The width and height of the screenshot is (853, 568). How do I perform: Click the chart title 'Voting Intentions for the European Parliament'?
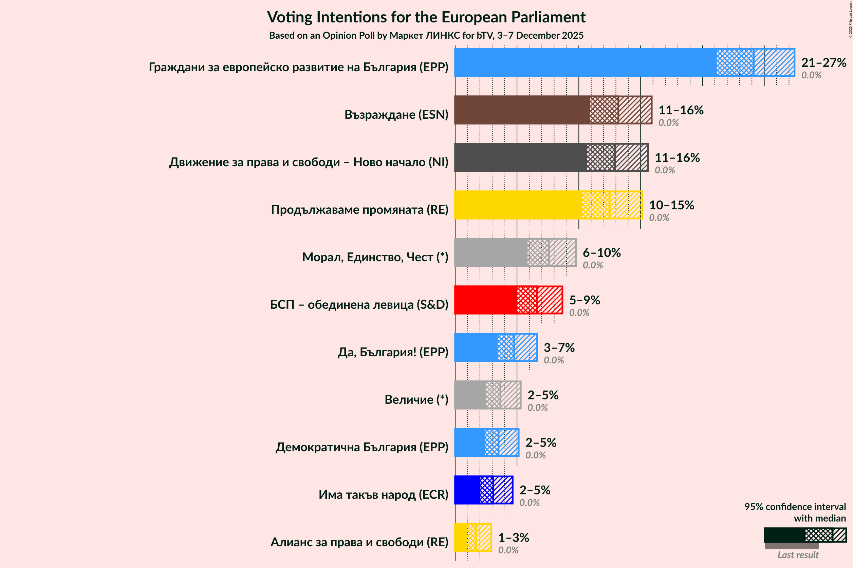(426, 17)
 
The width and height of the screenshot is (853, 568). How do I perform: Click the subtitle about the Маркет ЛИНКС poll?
(426, 36)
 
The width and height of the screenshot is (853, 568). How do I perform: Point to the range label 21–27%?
(823, 63)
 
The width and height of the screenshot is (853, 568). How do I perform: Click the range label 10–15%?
(671, 205)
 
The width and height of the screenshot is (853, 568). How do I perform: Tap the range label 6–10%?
(601, 252)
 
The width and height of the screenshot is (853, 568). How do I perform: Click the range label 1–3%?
(513, 537)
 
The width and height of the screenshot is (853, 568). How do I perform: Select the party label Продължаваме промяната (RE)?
(359, 209)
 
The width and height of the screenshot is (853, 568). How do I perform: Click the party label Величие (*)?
(416, 400)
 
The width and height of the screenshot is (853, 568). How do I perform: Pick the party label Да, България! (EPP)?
(393, 352)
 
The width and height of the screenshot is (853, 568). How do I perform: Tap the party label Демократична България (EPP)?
(361, 447)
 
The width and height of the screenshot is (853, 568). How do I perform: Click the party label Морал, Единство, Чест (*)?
(375, 257)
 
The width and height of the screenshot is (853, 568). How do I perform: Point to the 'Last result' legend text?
(798, 555)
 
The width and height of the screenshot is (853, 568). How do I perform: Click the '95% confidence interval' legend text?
(795, 507)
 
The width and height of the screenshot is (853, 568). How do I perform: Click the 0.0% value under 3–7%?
(553, 360)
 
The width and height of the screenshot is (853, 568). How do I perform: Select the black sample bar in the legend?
(784, 535)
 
